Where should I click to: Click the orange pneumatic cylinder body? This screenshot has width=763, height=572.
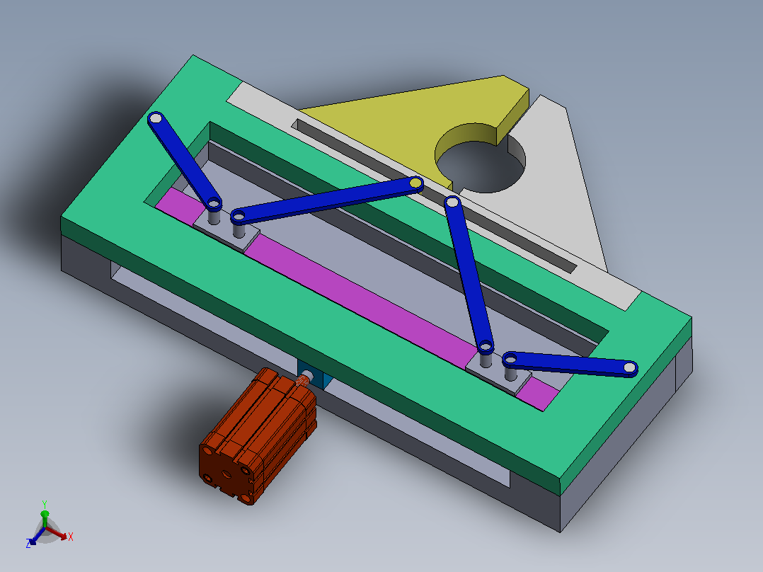click(258, 435)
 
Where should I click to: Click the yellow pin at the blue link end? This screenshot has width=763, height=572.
click(415, 183)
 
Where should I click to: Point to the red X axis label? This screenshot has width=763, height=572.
click(71, 537)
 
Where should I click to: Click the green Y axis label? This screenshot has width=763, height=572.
click(45, 504)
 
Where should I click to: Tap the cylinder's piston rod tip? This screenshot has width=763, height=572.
click(305, 377)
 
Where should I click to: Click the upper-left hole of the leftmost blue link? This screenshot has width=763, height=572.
click(155, 118)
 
